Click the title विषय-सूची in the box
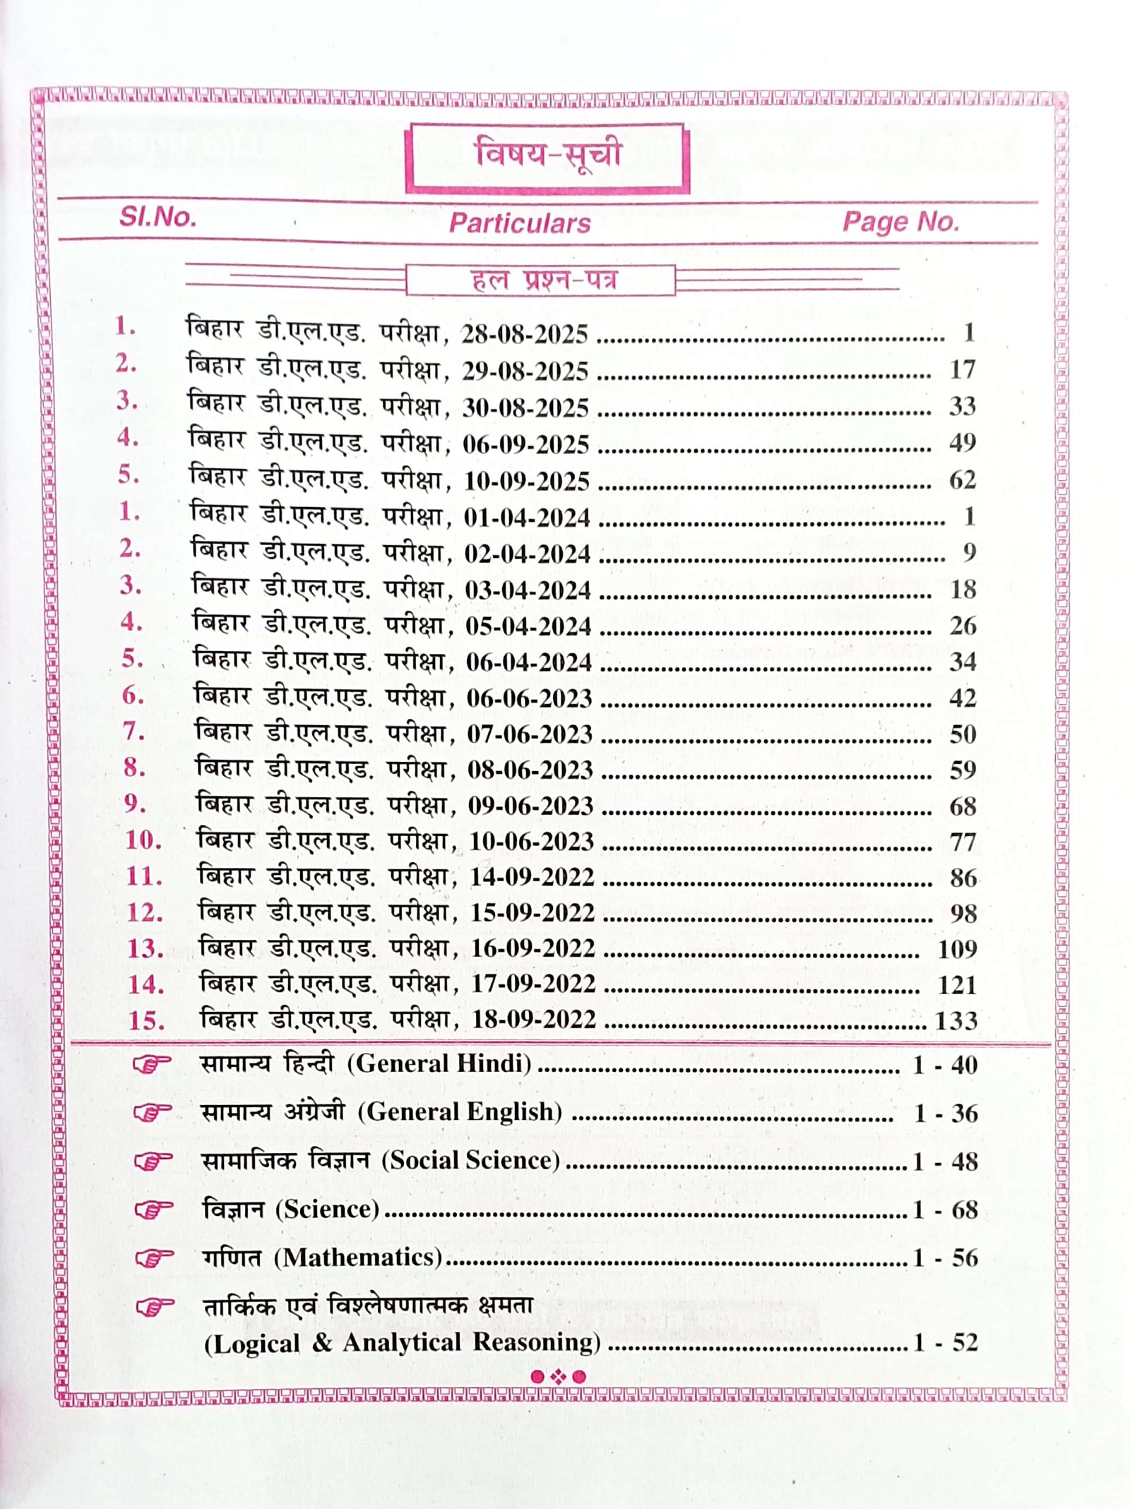547,155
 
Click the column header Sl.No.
157,217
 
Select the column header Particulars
520,223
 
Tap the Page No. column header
900,222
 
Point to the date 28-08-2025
524,334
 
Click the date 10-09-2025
526,481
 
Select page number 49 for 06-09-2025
962,443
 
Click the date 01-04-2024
527,518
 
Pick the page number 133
956,1020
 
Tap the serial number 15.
146,1020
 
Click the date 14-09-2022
532,877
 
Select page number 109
957,948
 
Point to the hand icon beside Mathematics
153,1258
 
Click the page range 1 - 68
945,1210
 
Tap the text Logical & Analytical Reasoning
402,1342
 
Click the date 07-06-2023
530,734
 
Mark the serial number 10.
143,840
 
